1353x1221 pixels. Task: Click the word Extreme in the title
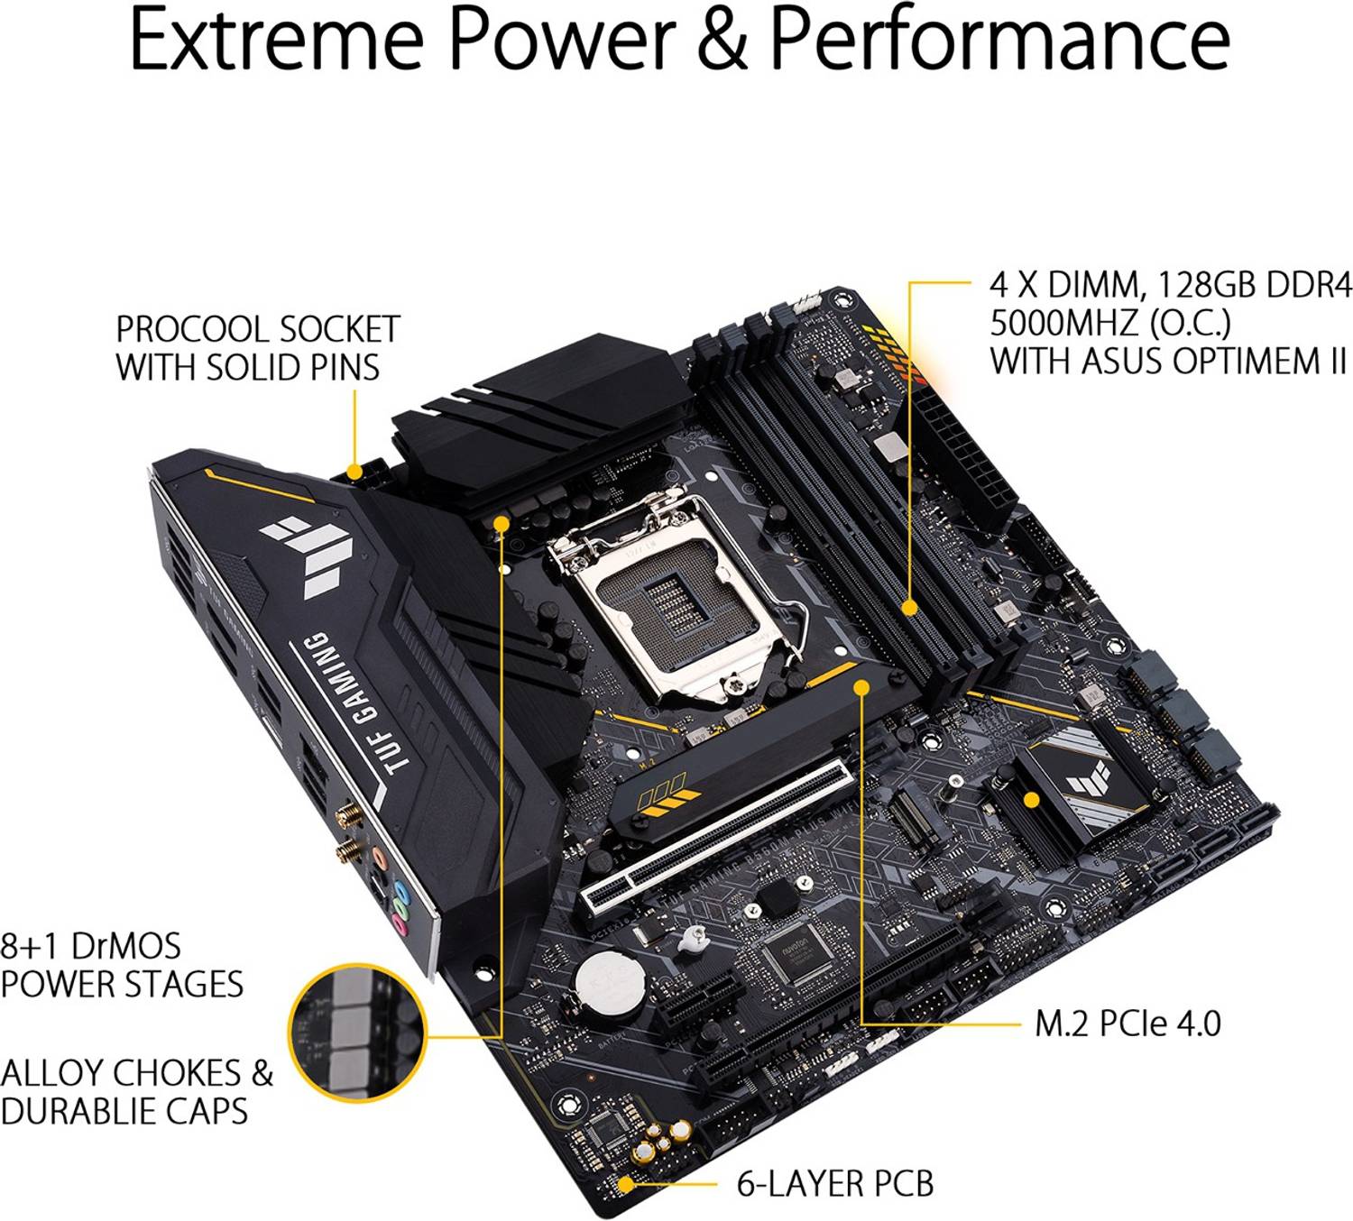(276, 40)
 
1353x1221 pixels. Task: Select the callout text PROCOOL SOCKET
(257, 329)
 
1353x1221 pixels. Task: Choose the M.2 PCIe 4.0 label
(1127, 1024)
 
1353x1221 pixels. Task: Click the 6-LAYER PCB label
(834, 1183)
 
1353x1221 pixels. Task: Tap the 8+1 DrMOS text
(90, 946)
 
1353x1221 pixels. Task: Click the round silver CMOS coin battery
(603, 978)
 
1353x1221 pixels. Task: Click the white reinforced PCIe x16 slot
(717, 834)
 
